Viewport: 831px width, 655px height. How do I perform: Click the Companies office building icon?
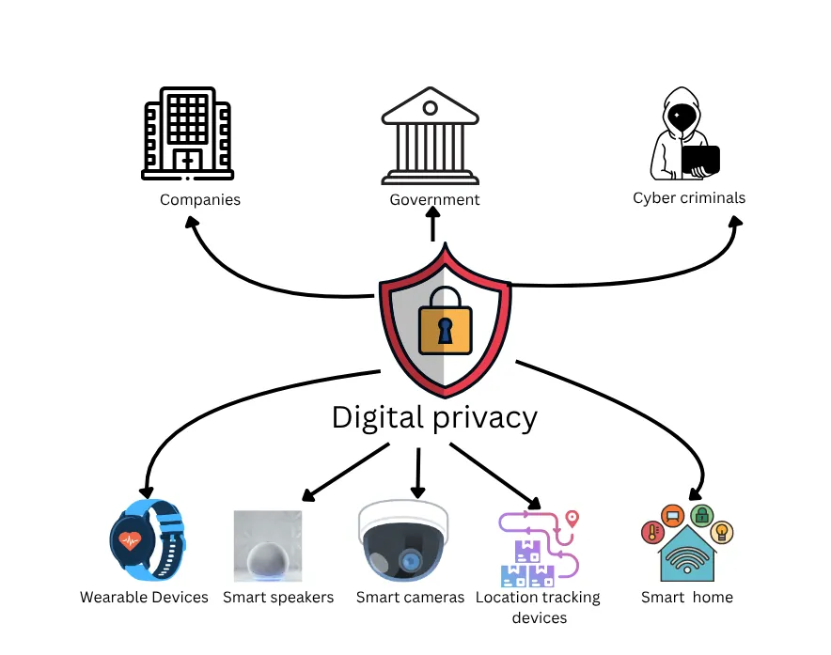(187, 133)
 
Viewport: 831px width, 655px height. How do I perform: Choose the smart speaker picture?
(268, 547)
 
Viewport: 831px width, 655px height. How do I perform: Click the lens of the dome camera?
(409, 560)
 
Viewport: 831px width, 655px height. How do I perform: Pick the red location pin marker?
(572, 519)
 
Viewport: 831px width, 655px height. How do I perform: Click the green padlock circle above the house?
(700, 515)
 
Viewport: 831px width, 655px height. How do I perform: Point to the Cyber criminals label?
(689, 198)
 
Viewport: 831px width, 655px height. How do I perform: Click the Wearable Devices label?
(144, 598)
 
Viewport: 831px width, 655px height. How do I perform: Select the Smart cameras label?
(410, 598)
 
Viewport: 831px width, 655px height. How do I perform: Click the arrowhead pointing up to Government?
(433, 214)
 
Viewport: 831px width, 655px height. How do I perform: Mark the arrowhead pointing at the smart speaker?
(306, 495)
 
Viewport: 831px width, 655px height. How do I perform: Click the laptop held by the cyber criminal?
(700, 161)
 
